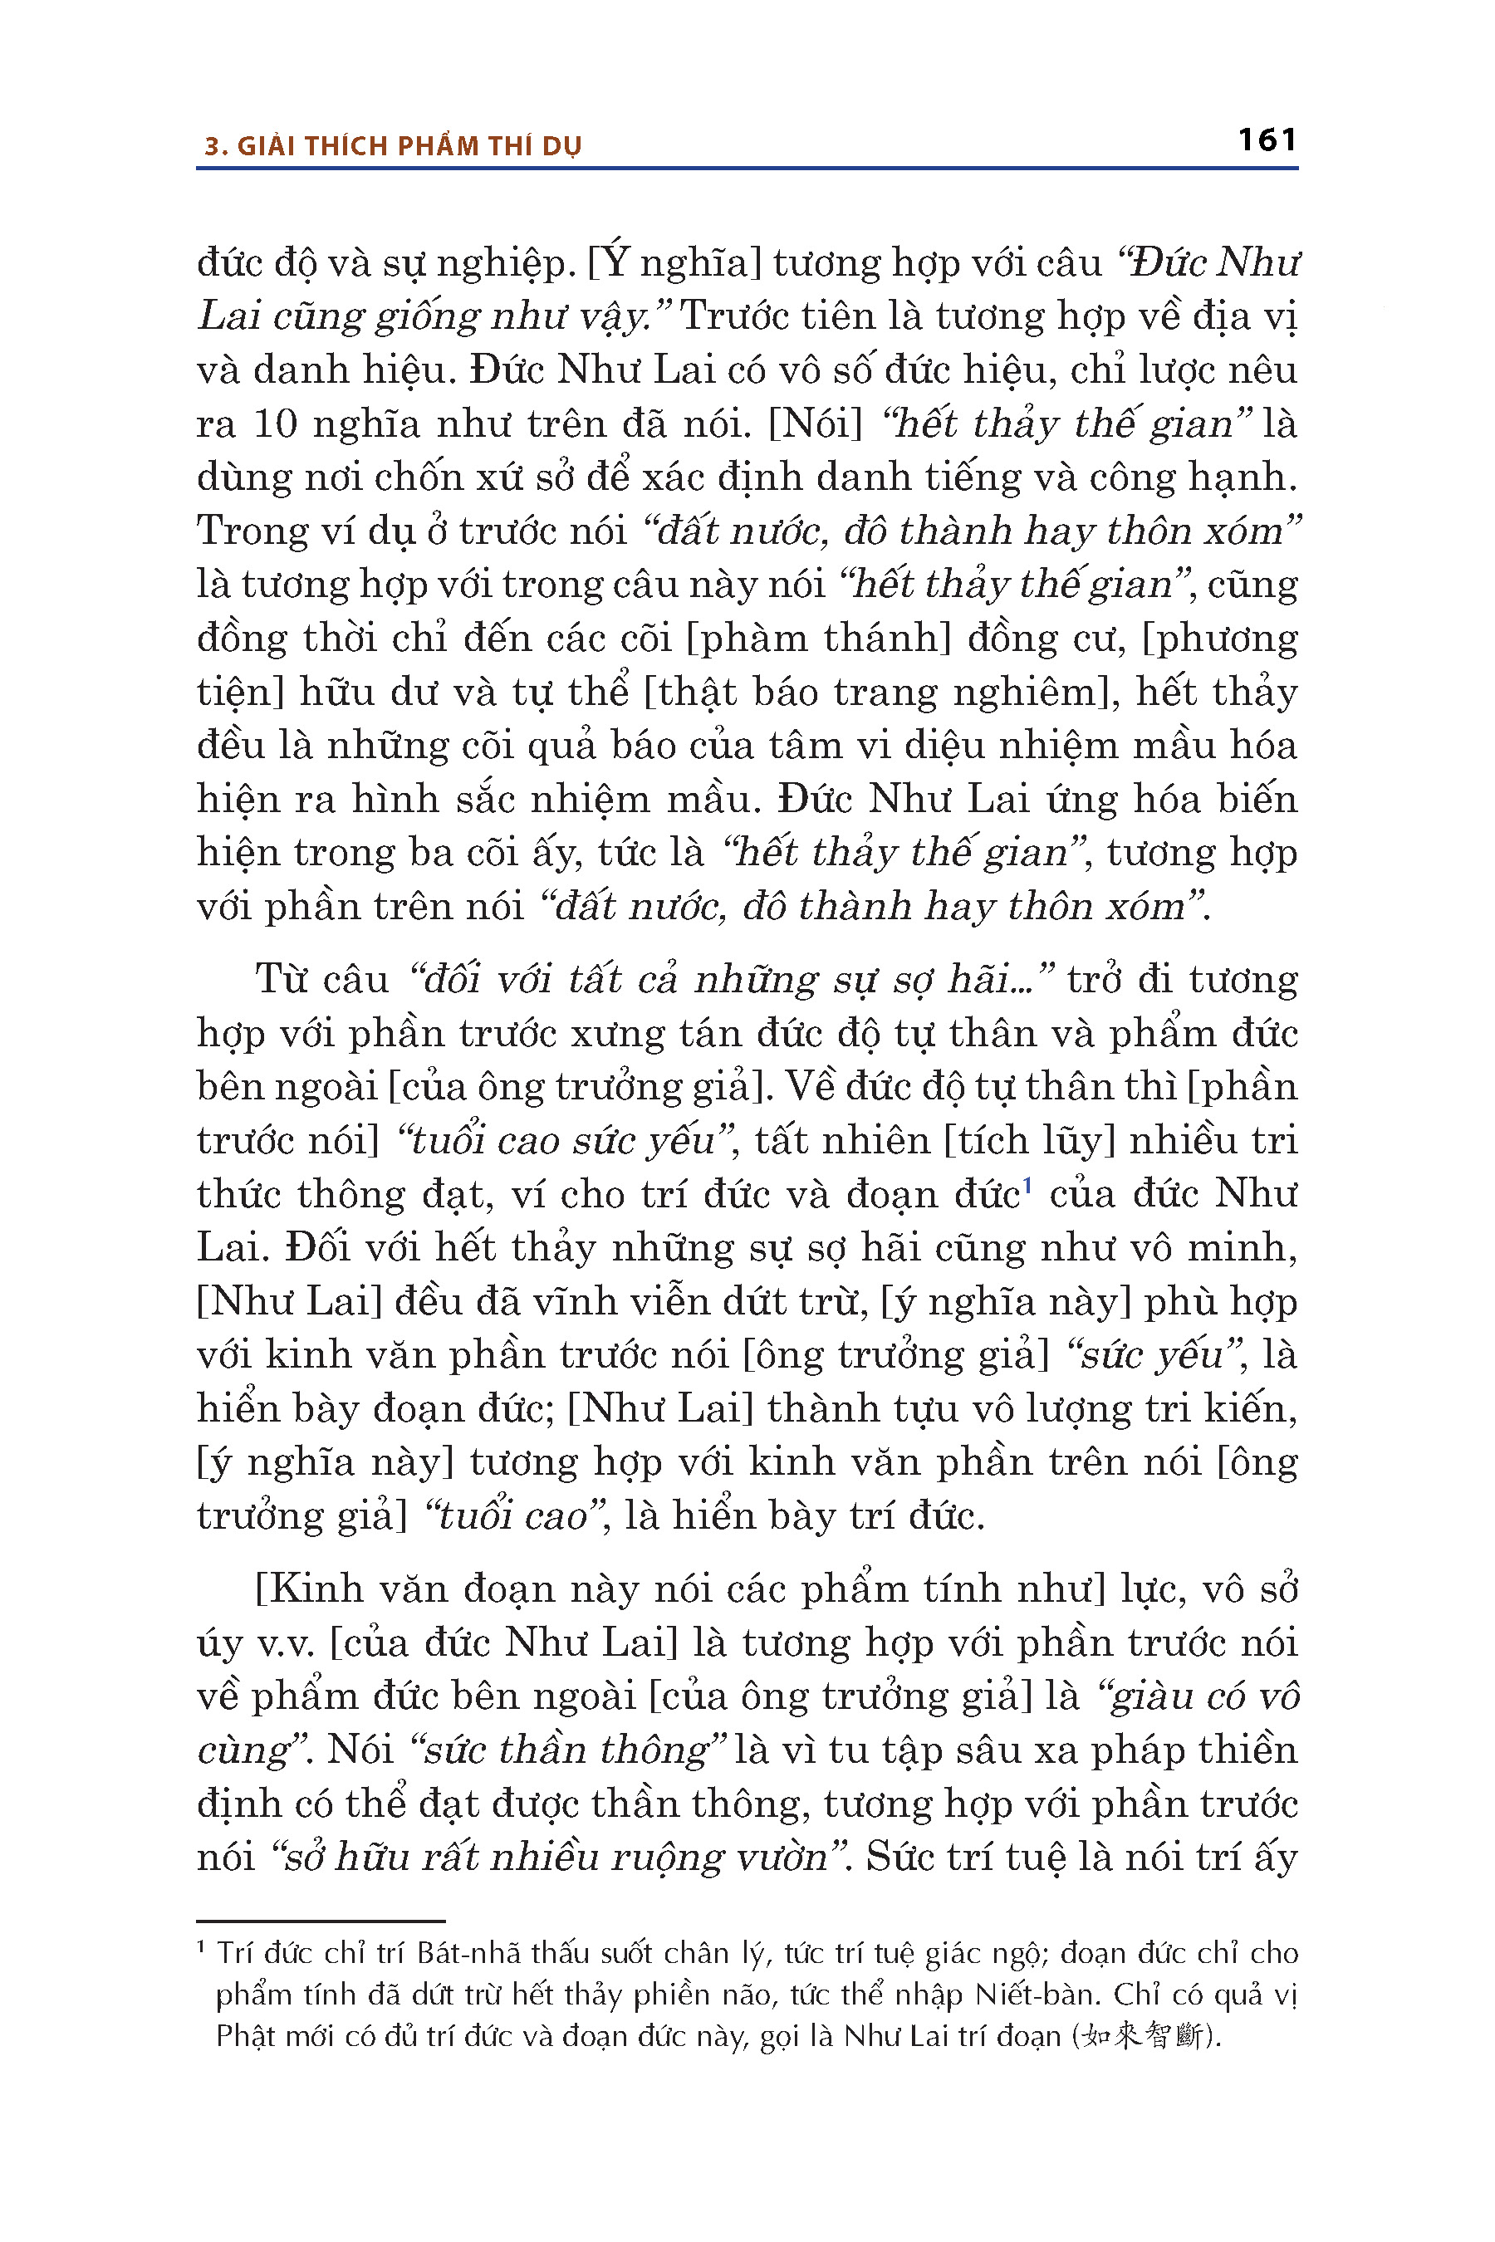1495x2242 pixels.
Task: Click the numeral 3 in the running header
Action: tap(213, 147)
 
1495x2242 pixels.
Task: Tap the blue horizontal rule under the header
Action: tap(747, 169)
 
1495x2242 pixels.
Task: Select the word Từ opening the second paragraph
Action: tap(284, 980)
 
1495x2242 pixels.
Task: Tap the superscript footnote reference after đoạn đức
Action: tap(1028, 1186)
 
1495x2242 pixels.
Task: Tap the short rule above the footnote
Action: tap(321, 1920)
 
